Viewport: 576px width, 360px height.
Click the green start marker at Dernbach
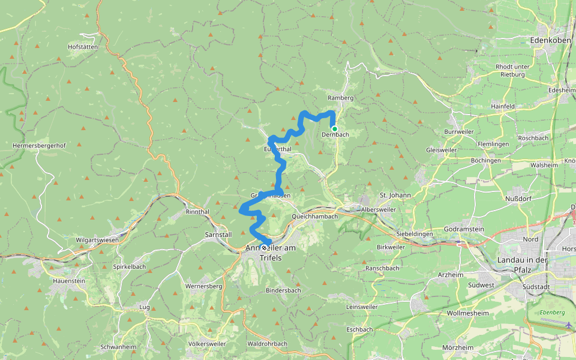335,128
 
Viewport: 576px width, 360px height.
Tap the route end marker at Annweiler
264,247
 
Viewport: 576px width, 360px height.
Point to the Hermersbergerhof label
39,145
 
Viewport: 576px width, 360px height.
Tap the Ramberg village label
341,97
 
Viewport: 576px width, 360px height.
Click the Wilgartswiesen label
97,240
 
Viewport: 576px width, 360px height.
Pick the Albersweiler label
378,209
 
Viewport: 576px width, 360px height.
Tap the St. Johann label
395,195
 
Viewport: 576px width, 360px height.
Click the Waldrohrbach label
267,344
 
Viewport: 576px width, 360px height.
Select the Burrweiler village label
460,131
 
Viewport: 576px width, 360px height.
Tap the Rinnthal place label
197,212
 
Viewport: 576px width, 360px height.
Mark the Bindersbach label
283,290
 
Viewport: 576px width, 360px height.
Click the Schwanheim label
119,347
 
